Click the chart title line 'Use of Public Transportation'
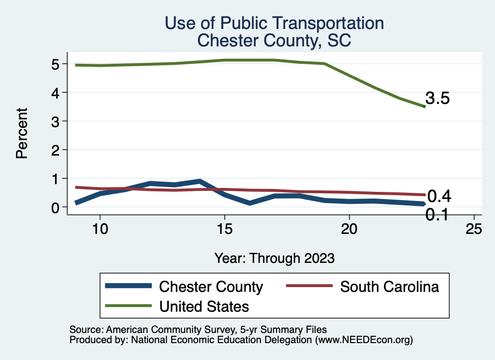pos(274,23)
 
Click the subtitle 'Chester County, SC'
pos(274,41)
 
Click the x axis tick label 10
pos(100,230)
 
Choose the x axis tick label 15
pos(224,230)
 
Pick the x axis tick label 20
pos(349,230)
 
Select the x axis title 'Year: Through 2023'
pos(274,258)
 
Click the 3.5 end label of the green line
pos(438,99)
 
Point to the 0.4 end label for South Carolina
pos(439,196)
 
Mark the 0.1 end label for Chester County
pos(437,215)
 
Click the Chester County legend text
pos(211,287)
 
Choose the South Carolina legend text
pos(390,287)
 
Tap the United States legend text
pos(204,306)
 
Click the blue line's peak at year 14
pos(199,181)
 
